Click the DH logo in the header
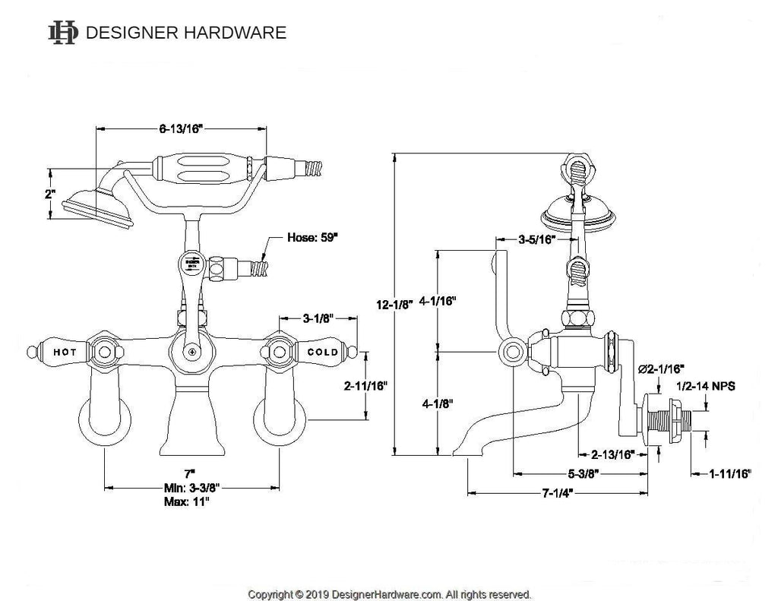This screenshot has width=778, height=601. click(x=63, y=32)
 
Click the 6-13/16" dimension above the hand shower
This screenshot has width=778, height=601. click(x=179, y=128)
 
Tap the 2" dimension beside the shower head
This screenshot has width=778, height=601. click(x=50, y=194)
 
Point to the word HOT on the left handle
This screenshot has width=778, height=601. click(x=64, y=353)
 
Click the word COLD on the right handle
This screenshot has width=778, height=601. click(x=323, y=353)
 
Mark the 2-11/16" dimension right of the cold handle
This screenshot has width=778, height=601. click(x=365, y=385)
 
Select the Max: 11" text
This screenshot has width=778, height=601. click(x=186, y=501)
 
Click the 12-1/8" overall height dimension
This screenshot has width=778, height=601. click(x=393, y=304)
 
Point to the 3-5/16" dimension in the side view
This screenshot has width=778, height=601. click(x=537, y=240)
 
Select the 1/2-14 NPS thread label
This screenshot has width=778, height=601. click(x=706, y=386)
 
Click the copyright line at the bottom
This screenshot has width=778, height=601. click(x=390, y=594)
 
